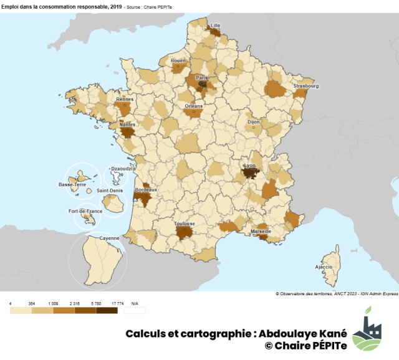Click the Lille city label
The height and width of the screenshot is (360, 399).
click(x=216, y=26)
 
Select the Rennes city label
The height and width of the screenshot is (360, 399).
click(x=125, y=98)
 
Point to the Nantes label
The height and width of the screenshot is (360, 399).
click(x=127, y=124)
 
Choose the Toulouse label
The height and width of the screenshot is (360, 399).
click(x=185, y=223)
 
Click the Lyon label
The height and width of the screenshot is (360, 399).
click(x=249, y=166)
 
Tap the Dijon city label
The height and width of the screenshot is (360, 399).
click(x=254, y=122)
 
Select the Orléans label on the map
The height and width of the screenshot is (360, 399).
click(x=194, y=106)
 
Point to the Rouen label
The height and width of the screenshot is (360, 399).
click(x=178, y=60)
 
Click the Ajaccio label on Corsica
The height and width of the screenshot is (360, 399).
click(x=324, y=267)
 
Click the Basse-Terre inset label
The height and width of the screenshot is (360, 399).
click(x=72, y=184)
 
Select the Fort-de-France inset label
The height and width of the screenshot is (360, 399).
click(x=85, y=211)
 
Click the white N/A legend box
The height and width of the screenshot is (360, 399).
click(x=135, y=310)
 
